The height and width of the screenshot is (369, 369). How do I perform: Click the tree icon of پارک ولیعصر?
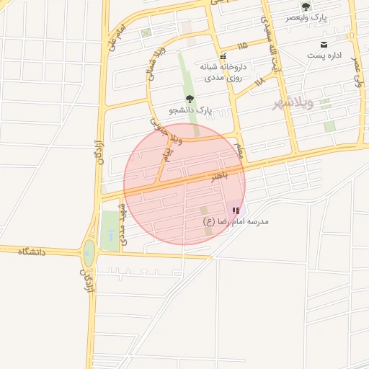(306, 6)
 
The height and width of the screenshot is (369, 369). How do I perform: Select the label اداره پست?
(323, 55)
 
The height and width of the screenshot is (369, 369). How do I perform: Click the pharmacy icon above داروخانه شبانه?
(223, 55)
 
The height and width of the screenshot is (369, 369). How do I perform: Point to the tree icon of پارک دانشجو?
(190, 99)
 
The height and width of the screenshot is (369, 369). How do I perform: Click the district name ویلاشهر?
(293, 104)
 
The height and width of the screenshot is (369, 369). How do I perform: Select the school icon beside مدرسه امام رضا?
(236, 210)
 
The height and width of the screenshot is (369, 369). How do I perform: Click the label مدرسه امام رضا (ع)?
(236, 222)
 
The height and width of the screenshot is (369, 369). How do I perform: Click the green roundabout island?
(89, 252)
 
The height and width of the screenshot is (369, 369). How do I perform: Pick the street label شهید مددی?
(123, 224)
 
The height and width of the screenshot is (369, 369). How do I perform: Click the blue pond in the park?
(109, 236)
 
